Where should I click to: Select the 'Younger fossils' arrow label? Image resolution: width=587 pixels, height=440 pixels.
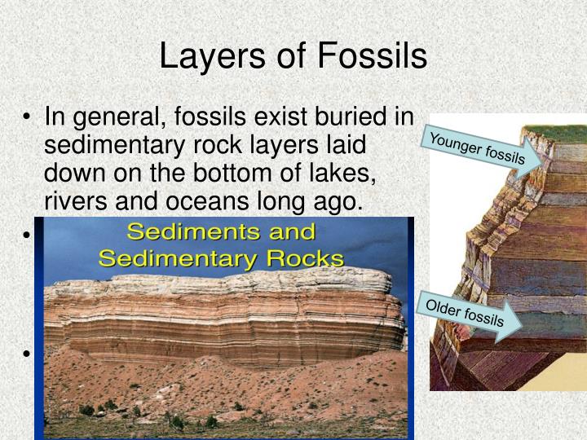coord(478,147)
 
